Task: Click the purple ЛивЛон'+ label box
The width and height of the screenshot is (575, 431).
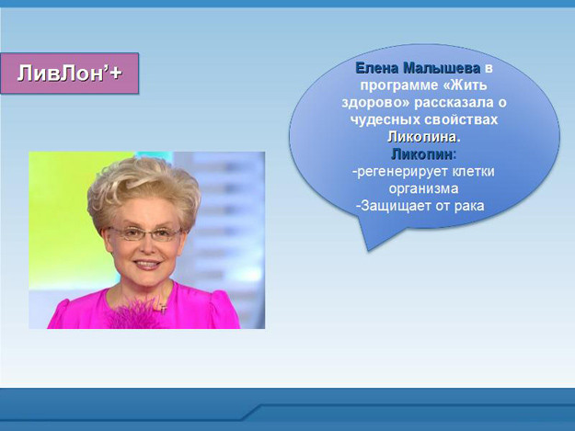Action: (70, 74)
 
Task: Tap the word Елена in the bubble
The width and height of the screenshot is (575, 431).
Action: (377, 68)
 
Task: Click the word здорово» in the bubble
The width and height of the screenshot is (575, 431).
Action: (375, 103)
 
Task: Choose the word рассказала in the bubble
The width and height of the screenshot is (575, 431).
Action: (454, 103)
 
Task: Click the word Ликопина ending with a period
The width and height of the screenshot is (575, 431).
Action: (424, 137)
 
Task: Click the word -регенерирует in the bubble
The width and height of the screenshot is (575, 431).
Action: (400, 172)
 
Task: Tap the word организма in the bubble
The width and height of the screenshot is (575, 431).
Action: (423, 188)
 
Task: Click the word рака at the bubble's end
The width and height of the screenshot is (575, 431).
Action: (469, 206)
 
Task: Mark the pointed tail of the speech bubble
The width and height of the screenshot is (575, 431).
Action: (368, 250)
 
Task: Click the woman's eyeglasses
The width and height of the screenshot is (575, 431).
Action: (144, 233)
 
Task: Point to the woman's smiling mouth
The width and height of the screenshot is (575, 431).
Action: (147, 264)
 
